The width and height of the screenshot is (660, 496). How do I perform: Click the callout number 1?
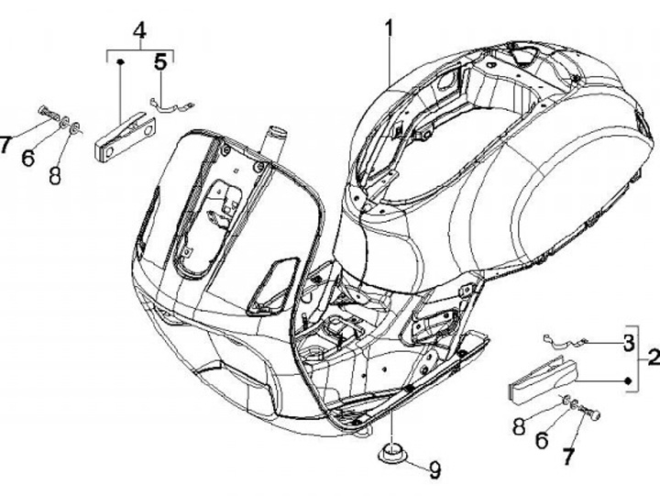(389, 29)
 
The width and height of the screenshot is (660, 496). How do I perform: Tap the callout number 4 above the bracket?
(139, 31)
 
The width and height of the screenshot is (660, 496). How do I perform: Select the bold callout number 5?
(160, 62)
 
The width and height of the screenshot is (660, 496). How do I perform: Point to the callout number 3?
(629, 343)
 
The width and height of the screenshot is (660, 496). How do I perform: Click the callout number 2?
(654, 358)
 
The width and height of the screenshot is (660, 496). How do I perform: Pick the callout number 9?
(434, 469)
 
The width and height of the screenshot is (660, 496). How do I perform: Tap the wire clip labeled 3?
(565, 340)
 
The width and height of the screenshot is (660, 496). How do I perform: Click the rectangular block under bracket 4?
(125, 137)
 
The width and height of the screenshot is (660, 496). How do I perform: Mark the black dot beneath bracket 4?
(120, 61)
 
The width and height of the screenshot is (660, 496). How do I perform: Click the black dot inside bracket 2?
(628, 381)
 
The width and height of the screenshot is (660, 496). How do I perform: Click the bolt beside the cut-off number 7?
(49, 113)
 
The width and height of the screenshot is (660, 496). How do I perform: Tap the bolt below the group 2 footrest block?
(589, 412)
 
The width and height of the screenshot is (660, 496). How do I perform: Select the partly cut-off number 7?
(5, 145)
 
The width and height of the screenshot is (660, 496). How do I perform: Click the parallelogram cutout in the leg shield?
(273, 285)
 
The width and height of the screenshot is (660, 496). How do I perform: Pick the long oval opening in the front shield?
(204, 227)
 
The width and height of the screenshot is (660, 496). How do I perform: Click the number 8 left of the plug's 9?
(519, 427)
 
